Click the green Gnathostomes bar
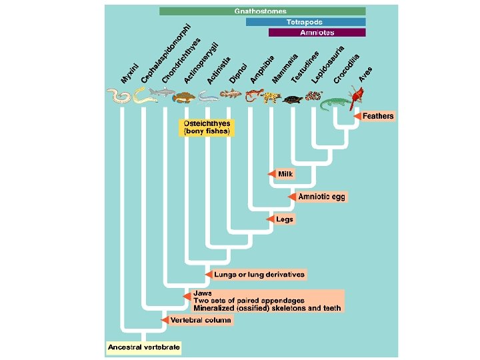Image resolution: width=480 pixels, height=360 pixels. coord(262,11)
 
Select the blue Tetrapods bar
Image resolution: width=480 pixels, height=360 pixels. coord(305,22)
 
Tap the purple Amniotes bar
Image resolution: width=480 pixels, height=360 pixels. coord(317,32)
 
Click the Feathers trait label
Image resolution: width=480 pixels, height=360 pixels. coord(378,116)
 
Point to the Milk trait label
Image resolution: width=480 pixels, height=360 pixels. coord(286,174)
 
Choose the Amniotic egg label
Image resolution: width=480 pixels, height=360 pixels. coord(321,197)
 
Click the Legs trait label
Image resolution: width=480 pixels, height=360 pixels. coord(285,219)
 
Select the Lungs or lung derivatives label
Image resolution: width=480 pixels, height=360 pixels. coord(259,274)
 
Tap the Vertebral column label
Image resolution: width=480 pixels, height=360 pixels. coord(201,321)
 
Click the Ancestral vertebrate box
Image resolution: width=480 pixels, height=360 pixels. coord(145,347)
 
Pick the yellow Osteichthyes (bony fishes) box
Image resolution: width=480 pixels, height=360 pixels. coord(207,128)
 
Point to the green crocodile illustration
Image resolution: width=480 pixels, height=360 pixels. coord(335,103)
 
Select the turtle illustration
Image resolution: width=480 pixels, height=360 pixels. coord(291,100)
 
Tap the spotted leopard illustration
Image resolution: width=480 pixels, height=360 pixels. coord(271,98)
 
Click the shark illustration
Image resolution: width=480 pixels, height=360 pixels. coord(161,97)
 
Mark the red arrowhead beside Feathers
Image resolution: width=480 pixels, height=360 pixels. coord(357,116)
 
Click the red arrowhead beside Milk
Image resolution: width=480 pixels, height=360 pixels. coord(272,174)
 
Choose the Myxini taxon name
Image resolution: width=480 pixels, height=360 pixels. coord(130,73)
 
